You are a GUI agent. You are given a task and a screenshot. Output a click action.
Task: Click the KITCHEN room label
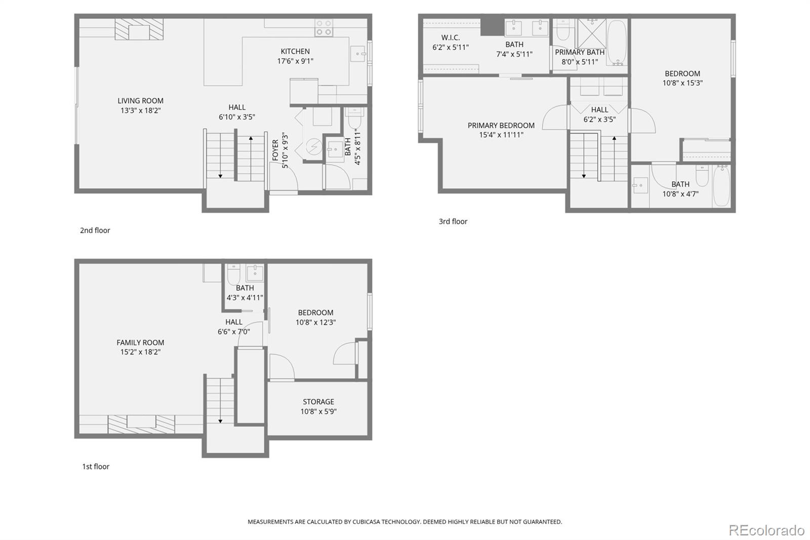tap(295, 51)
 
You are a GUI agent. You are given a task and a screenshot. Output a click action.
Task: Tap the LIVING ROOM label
tap(140, 101)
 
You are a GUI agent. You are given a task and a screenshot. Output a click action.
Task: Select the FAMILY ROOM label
tap(140, 342)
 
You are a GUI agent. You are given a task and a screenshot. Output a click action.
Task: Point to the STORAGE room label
tap(318, 402)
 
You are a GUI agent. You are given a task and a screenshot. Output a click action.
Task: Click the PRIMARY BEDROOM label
tap(501, 125)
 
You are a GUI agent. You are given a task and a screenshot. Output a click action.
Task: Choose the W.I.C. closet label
tap(450, 37)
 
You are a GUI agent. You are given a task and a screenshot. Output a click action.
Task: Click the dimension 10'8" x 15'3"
tap(682, 83)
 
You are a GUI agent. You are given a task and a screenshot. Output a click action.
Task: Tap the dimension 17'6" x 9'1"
tap(295, 61)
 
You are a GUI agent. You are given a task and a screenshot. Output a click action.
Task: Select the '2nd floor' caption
tap(95, 230)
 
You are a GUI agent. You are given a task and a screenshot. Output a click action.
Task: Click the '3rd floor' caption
tap(453, 221)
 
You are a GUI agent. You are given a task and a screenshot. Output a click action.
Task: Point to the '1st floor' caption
tap(96, 467)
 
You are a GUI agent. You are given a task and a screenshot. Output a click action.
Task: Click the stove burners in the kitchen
tap(323, 28)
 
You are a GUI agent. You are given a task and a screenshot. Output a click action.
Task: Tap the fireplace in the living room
tap(139, 30)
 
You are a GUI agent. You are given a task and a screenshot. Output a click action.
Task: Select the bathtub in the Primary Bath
tap(617, 43)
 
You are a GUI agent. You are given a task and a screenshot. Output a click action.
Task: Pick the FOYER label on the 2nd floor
tap(275, 150)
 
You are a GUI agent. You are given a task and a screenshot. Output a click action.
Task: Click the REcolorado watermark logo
tap(766, 530)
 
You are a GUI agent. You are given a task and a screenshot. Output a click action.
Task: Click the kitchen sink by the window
tap(358, 53)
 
